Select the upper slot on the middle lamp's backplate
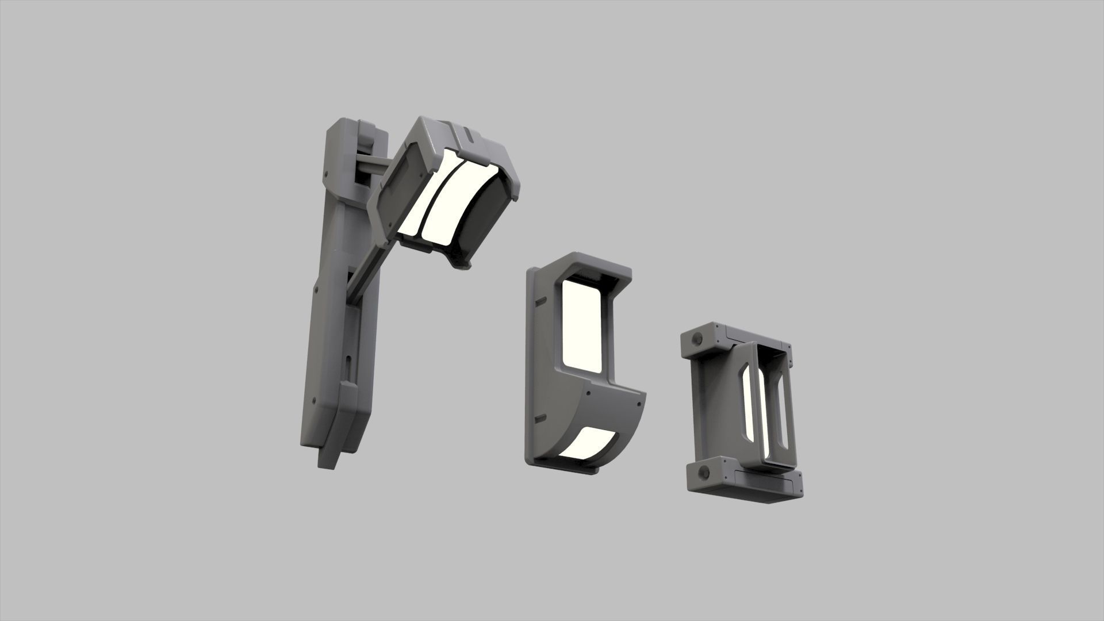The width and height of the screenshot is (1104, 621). (539, 300)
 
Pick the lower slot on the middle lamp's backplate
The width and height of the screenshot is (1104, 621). (539, 419)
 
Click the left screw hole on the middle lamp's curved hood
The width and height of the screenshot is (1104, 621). (589, 393)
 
